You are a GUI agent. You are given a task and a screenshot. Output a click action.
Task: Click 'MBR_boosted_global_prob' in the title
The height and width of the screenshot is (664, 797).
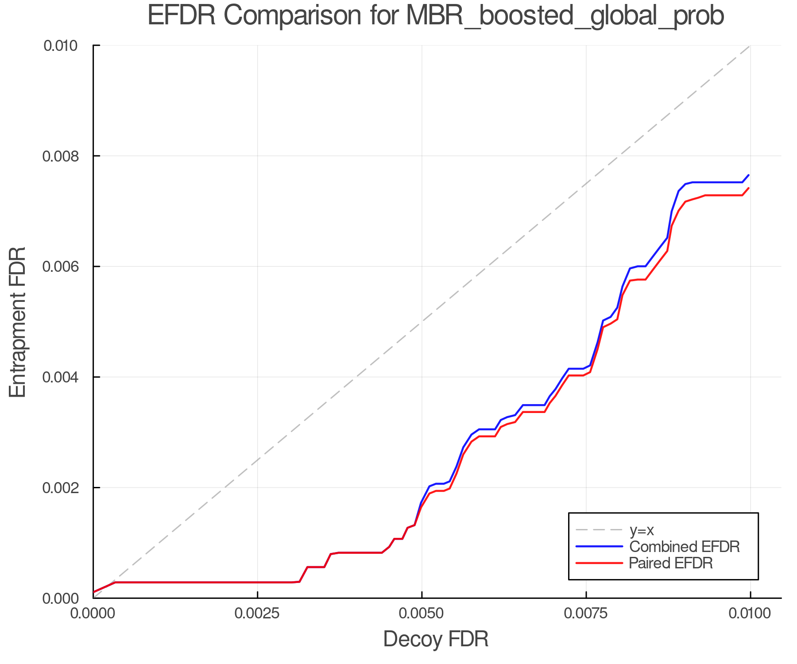click(x=565, y=16)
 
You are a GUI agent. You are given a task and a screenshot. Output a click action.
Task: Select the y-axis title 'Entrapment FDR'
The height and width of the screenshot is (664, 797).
click(x=18, y=322)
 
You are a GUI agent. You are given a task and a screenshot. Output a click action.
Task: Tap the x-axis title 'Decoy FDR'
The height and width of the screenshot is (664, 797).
click(x=436, y=639)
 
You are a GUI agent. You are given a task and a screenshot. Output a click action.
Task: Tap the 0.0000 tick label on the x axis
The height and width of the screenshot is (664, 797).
click(x=93, y=614)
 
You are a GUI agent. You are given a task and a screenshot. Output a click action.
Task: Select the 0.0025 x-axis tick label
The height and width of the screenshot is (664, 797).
click(x=258, y=614)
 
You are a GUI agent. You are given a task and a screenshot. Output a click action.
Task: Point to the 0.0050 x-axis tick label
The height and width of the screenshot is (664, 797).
click(x=422, y=614)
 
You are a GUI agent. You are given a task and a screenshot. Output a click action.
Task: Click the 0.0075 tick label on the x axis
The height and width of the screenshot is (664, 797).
click(x=586, y=614)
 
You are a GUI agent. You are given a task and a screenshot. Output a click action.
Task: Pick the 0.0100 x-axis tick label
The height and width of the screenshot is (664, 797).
click(x=750, y=614)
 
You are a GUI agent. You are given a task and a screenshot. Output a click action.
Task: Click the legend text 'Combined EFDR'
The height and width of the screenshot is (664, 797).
click(x=685, y=547)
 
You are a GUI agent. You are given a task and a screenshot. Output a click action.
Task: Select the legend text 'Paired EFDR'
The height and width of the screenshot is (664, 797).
click(x=671, y=563)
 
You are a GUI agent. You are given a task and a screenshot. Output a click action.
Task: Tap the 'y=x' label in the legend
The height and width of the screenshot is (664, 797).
click(x=642, y=530)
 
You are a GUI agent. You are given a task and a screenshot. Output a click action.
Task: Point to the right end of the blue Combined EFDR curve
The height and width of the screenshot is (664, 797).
click(x=749, y=175)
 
